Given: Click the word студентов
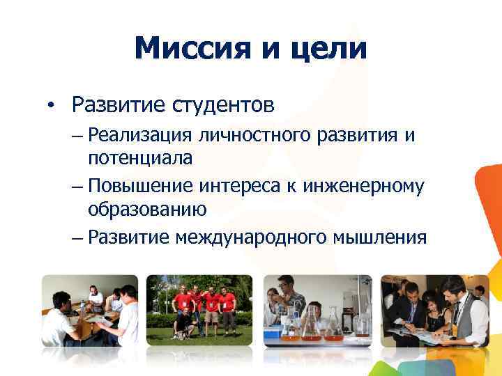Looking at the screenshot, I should tap(222, 105).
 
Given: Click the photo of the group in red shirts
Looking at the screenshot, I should tap(201, 310).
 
